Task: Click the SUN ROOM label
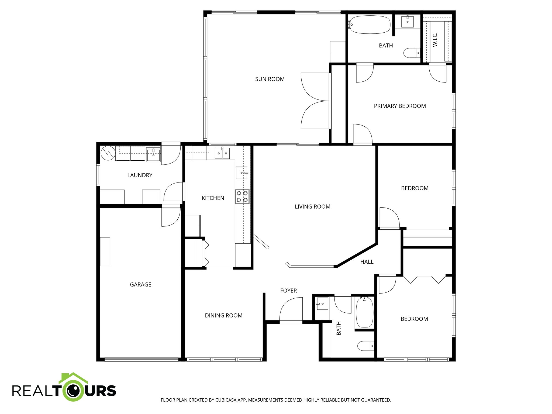(270, 79)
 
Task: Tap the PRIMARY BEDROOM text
(400, 106)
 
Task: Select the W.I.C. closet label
(435, 40)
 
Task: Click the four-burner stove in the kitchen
(242, 196)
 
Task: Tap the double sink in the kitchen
(222, 153)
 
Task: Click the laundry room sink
(153, 155)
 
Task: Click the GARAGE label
(140, 284)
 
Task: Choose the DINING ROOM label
(223, 315)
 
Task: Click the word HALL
(367, 262)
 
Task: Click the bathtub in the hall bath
(365, 313)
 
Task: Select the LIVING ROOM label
(312, 206)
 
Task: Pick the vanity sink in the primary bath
(407, 21)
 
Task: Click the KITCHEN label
(213, 198)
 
